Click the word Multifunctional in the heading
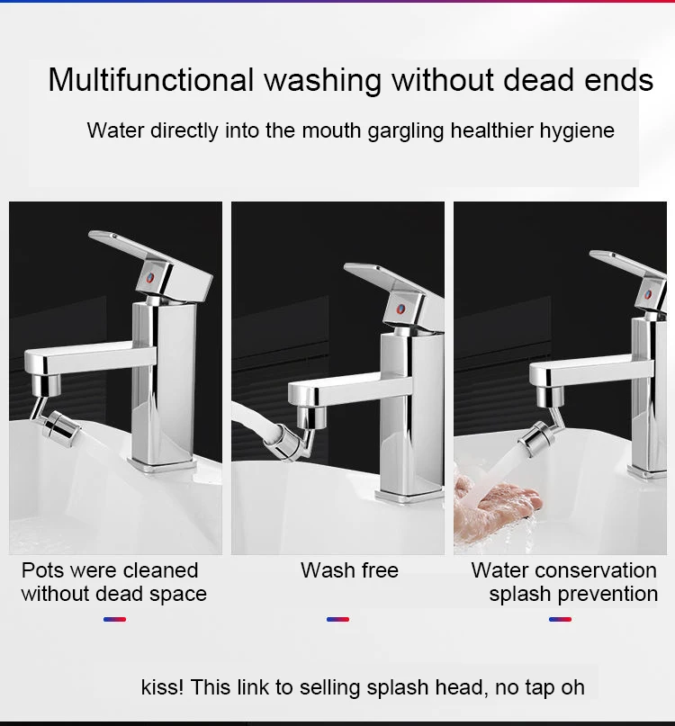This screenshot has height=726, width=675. pyautogui.click(x=151, y=80)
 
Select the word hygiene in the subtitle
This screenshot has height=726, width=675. pyautogui.click(x=576, y=130)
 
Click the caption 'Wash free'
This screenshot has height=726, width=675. pyautogui.click(x=349, y=570)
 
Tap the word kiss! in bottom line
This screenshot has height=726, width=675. pyautogui.click(x=162, y=687)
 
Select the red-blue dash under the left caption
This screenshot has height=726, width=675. pyautogui.click(x=114, y=619)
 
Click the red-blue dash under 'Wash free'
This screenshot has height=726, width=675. pyautogui.click(x=337, y=619)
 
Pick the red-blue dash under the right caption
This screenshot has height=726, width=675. pyautogui.click(x=560, y=619)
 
